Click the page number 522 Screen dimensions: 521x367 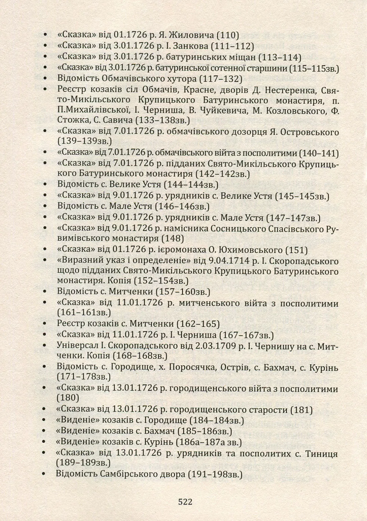[185, 502]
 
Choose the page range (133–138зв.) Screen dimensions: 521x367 [162, 120]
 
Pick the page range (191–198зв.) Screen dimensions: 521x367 [215, 474]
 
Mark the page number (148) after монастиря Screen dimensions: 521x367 [173, 239]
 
